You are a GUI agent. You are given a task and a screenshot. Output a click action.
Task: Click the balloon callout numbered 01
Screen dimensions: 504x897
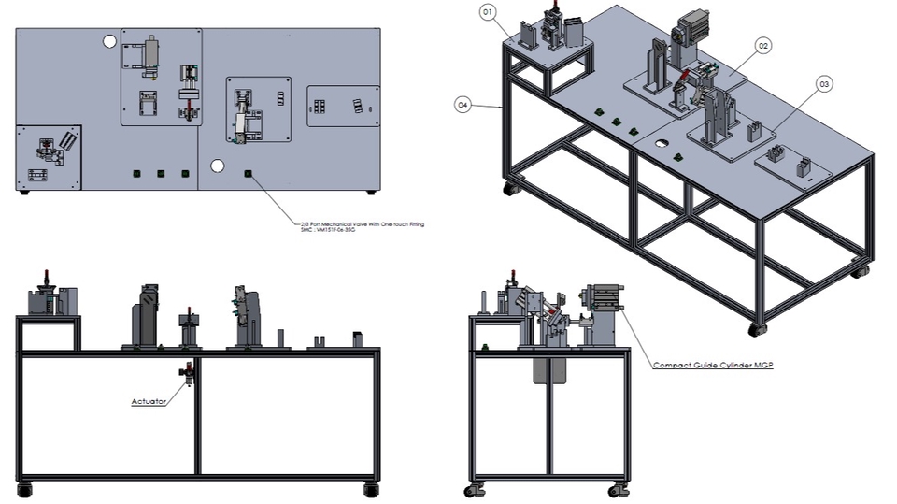[487, 11]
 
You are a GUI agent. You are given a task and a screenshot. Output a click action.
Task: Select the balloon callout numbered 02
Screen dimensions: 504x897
[763, 45]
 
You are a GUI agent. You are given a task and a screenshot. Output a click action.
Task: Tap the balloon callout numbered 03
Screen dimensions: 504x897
[823, 84]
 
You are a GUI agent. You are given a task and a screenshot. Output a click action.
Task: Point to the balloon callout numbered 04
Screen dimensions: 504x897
[463, 105]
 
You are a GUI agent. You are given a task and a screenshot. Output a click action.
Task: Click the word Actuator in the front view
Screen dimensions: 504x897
[149, 401]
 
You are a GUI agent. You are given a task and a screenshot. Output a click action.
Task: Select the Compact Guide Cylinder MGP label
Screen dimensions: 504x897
[713, 365]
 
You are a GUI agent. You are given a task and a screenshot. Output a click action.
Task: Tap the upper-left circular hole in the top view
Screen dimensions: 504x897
[109, 40]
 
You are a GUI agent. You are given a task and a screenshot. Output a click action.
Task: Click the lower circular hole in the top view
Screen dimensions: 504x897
[218, 166]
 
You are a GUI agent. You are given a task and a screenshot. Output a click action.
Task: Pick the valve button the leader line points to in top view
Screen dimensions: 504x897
[248, 173]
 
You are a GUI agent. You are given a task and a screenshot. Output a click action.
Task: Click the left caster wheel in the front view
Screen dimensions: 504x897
[24, 489]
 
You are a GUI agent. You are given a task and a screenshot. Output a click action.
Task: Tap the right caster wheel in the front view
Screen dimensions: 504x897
[372, 489]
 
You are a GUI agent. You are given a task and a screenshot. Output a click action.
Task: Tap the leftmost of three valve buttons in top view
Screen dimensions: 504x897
[136, 173]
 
